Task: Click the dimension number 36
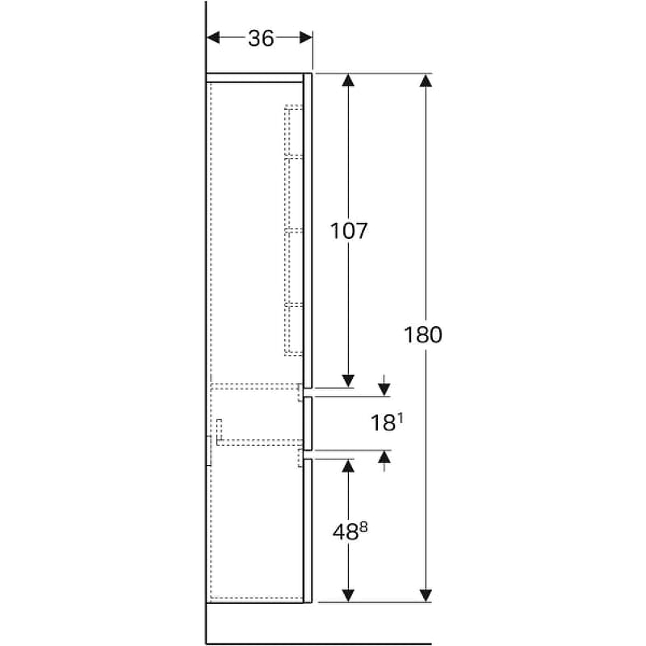(x=261, y=38)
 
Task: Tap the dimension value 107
(x=349, y=231)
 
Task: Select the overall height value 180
(x=423, y=334)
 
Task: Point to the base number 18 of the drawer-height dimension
(x=384, y=423)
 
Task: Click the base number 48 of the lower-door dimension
(x=346, y=532)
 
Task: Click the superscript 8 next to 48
(x=363, y=526)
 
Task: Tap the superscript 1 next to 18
(x=400, y=418)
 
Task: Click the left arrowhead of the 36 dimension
(x=212, y=38)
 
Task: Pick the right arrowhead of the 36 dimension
(x=306, y=38)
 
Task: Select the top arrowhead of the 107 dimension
(x=348, y=80)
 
